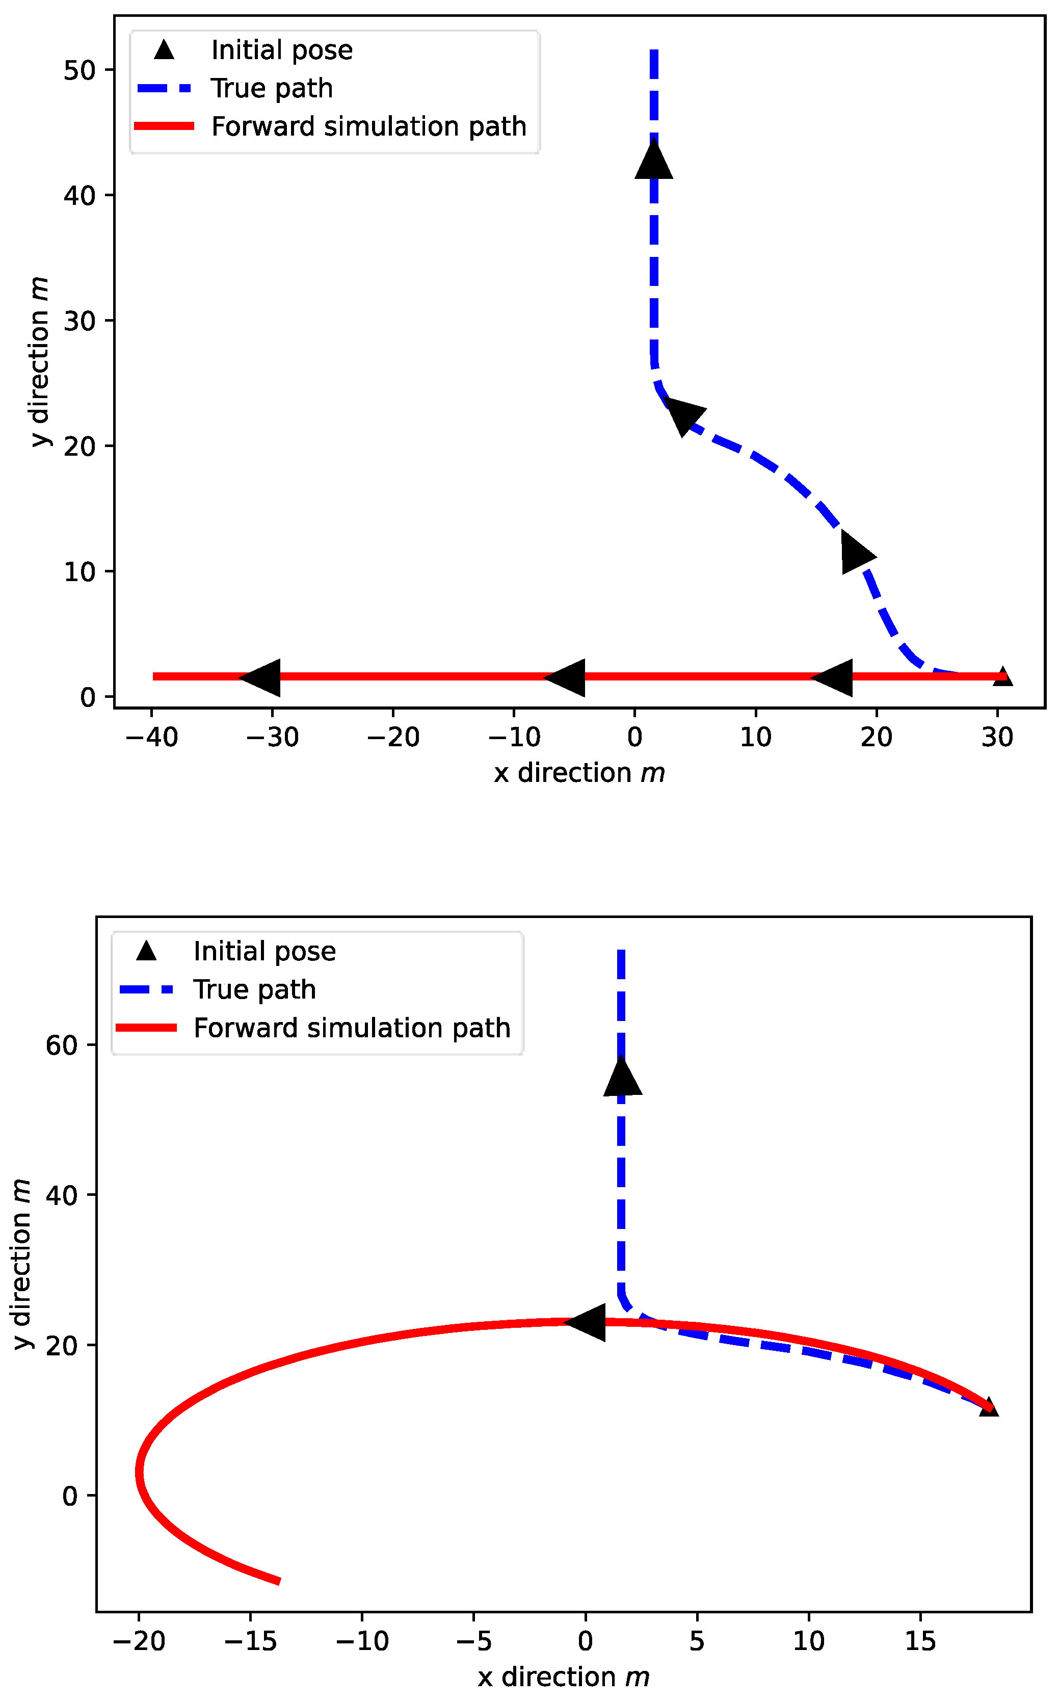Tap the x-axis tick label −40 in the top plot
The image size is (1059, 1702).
151,738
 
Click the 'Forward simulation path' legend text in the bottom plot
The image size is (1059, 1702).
352,1028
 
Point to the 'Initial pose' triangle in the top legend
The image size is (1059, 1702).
164,50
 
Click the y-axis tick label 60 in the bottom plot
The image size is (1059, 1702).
61,1045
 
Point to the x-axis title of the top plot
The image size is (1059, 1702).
578,773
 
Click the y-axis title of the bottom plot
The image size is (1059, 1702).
22,1264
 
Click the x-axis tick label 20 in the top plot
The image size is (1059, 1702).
876,738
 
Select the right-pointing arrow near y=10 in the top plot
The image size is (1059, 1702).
857,553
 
